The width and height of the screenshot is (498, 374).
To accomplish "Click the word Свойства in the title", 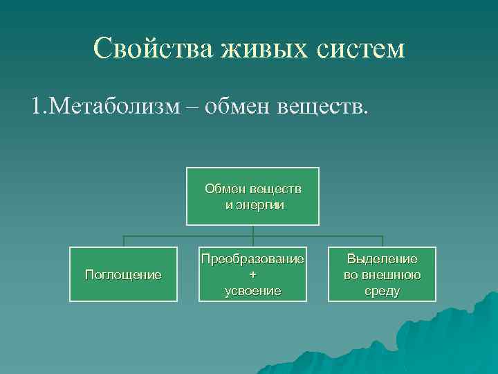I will [153, 48].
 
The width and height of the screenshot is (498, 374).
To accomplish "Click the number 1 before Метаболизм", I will [35, 107].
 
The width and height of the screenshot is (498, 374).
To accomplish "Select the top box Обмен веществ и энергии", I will [252, 196].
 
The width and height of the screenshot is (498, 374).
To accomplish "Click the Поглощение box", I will [123, 274].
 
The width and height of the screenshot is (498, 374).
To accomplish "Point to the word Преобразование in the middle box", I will [252, 259].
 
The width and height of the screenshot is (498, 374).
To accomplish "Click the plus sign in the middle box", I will [252, 274].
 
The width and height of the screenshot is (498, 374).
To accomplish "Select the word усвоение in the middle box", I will [252, 290].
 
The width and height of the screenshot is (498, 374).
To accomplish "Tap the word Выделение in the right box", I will [382, 259].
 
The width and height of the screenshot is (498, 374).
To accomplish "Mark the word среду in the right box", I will [382, 290].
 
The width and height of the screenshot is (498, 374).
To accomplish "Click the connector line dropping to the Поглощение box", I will [123, 241].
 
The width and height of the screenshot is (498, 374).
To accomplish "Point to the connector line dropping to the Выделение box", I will [382, 241].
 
